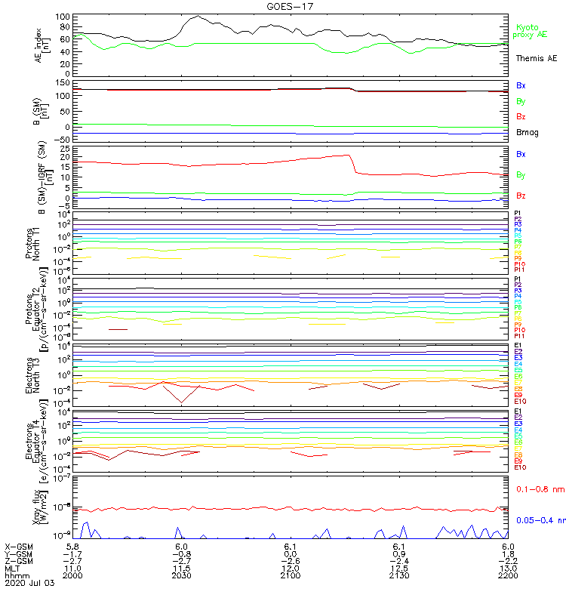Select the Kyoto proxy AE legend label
point(530,31)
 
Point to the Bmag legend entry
point(527,133)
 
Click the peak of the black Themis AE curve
point(198,16)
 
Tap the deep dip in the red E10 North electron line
point(181,402)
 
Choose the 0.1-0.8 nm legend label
point(540,489)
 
